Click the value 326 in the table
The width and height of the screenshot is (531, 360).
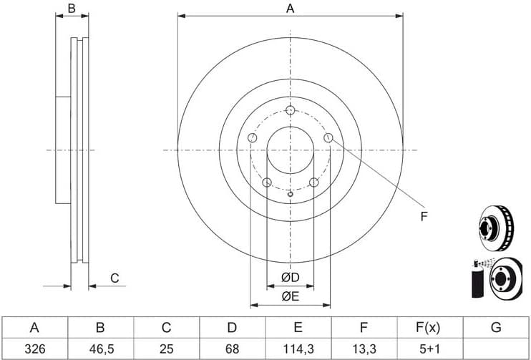34,349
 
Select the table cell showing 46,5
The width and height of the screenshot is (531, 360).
100,349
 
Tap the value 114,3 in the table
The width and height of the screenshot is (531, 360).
298,349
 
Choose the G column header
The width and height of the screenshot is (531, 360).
496,328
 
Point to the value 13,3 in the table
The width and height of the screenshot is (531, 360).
364,349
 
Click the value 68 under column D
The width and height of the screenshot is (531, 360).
232,349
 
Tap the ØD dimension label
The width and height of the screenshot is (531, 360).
291,278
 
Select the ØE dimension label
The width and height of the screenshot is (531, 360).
291,297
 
